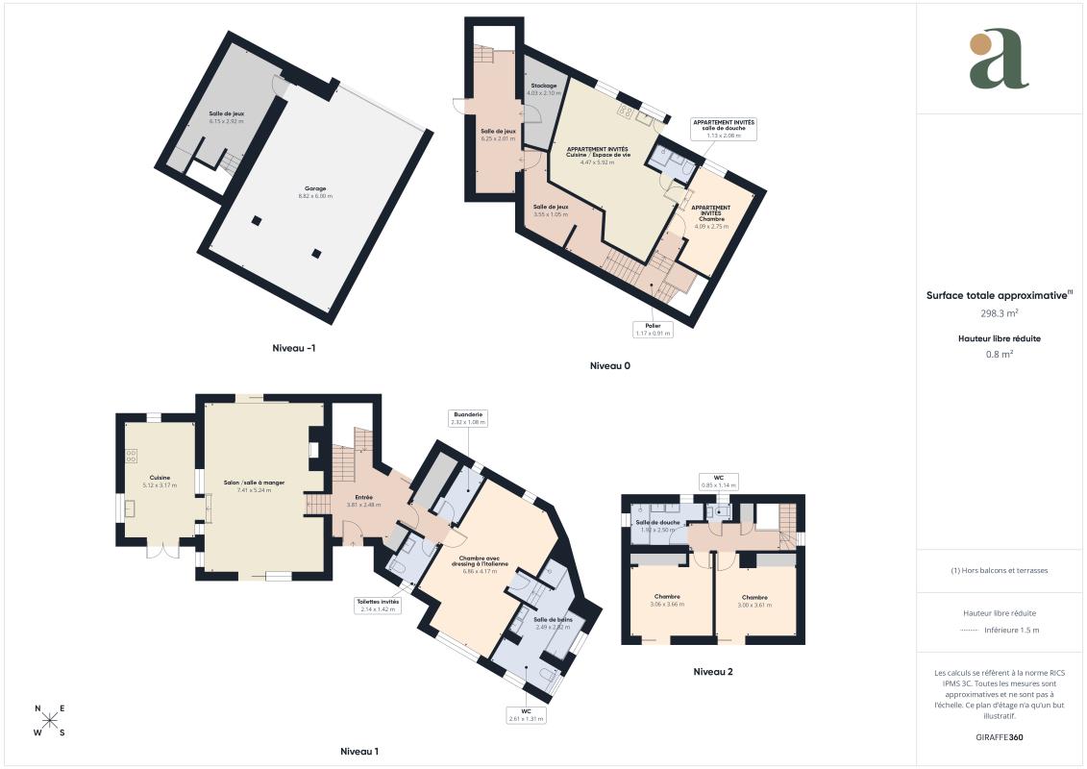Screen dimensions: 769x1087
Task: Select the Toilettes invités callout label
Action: pyautogui.click(x=377, y=605)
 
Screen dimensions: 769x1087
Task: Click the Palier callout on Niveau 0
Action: pyautogui.click(x=654, y=330)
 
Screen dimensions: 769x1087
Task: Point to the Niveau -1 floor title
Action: pyautogui.click(x=293, y=348)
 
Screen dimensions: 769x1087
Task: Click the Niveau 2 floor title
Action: pyautogui.click(x=713, y=672)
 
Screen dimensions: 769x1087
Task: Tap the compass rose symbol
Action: pyautogui.click(x=51, y=721)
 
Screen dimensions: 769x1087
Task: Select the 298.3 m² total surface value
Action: pyautogui.click(x=1000, y=313)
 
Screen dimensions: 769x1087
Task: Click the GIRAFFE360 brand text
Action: pyautogui.click(x=1000, y=737)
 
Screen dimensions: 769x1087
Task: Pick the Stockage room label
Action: pyautogui.click(x=545, y=89)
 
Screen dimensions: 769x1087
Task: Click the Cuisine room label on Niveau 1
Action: pyautogui.click(x=160, y=481)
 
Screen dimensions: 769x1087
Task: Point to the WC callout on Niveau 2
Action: pyautogui.click(x=717, y=482)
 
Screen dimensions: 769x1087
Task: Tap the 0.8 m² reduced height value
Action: pyautogui.click(x=1000, y=354)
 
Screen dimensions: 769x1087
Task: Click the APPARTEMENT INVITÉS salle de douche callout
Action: pyautogui.click(x=725, y=130)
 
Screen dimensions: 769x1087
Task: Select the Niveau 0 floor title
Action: pyautogui.click(x=610, y=366)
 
